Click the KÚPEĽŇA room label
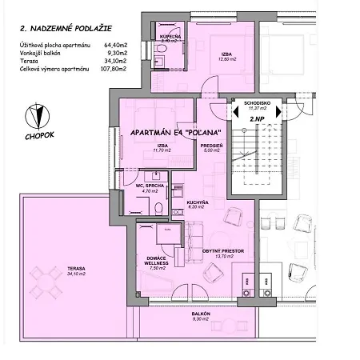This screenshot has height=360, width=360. tap(170, 38)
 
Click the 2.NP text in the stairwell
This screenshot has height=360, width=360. tap(257, 118)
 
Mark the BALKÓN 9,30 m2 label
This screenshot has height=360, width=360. tap(201, 317)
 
